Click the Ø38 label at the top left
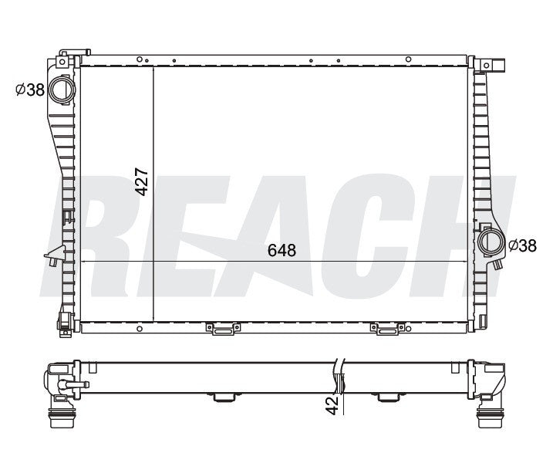point(29,90)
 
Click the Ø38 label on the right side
point(523,245)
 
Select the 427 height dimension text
point(141,181)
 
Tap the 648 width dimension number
point(282,250)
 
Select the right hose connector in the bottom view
point(488,421)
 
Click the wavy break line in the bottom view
point(340,374)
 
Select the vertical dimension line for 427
point(154,193)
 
